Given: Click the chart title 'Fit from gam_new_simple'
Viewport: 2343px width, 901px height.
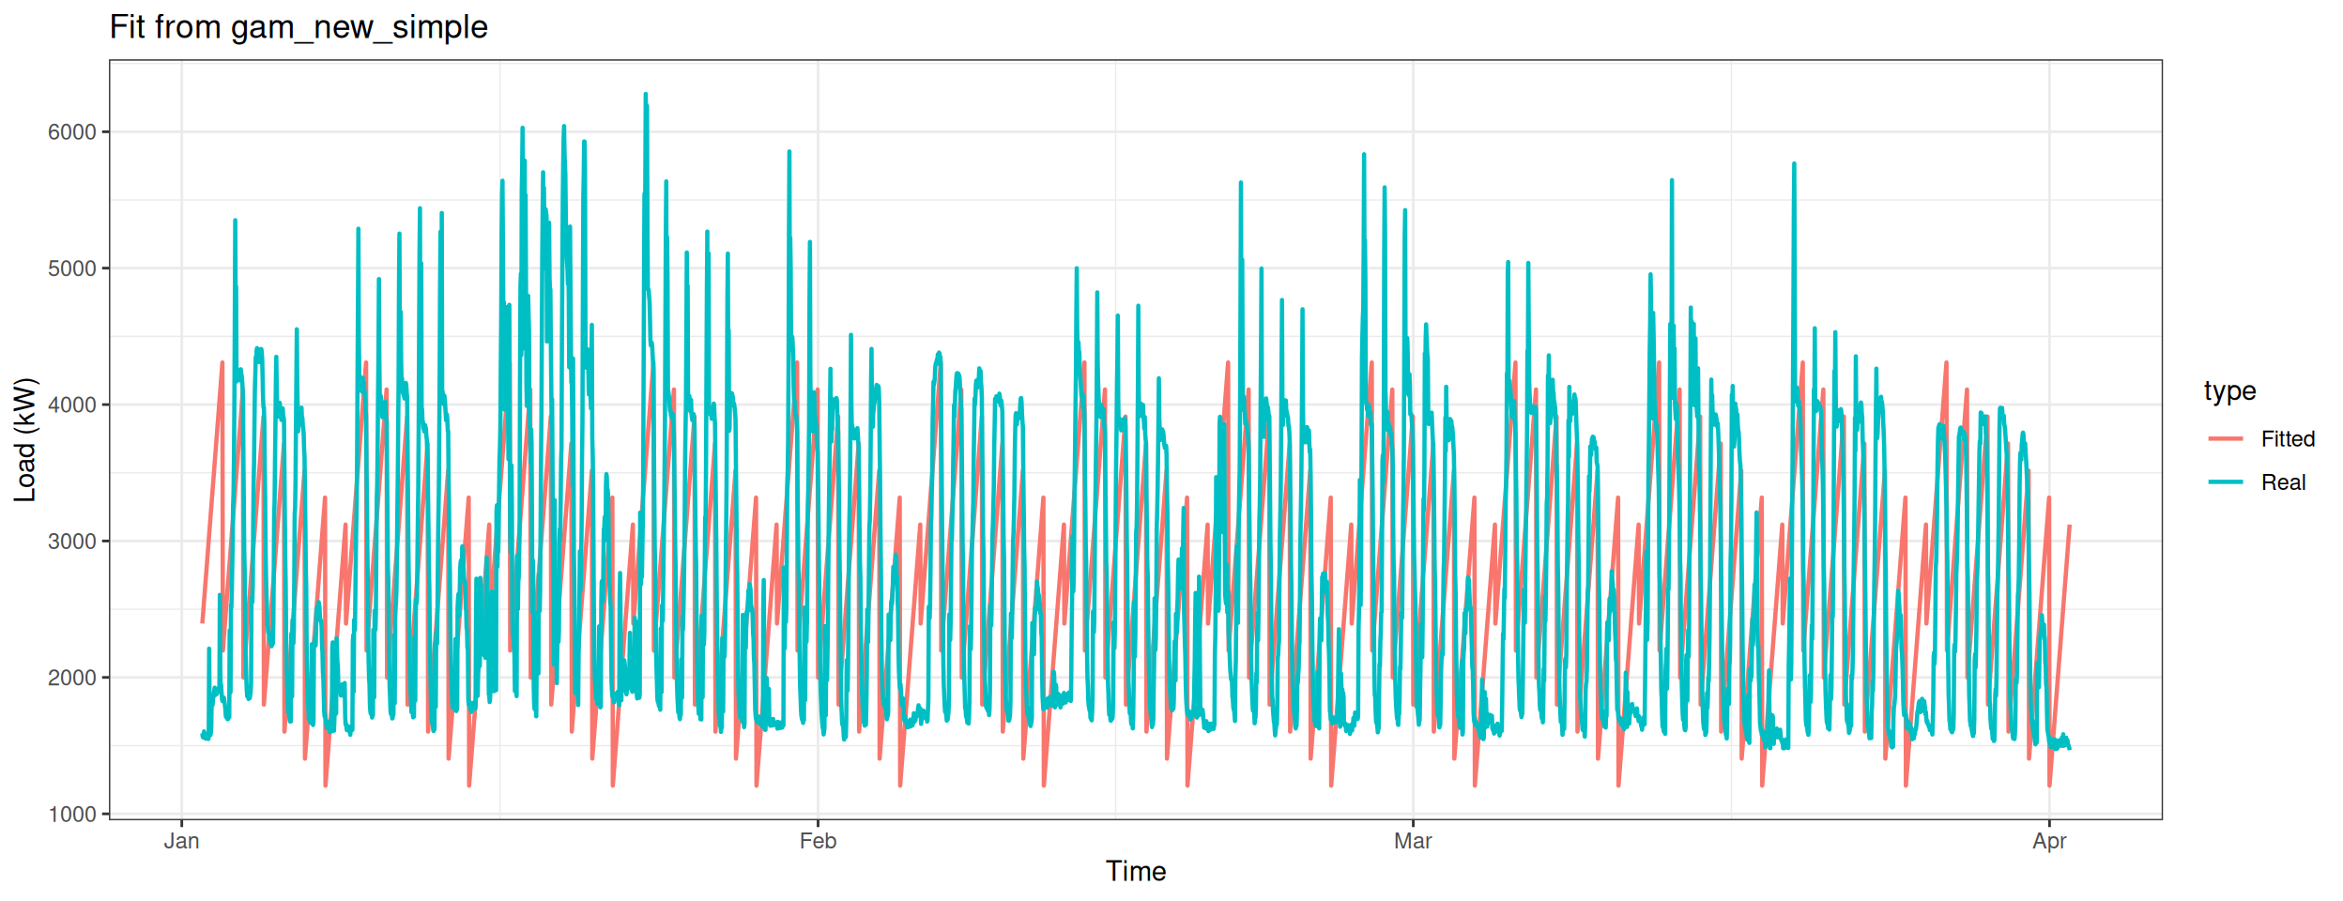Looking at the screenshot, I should [x=299, y=28].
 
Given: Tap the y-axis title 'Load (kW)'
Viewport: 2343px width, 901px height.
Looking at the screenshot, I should [x=25, y=439].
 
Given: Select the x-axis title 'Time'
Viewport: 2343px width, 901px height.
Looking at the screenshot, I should [x=1135, y=872].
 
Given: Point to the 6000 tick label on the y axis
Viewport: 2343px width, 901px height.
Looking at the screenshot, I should [x=72, y=132].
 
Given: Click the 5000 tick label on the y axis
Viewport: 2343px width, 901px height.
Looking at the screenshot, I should [x=72, y=268].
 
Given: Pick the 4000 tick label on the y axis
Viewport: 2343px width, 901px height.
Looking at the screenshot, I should [x=72, y=405].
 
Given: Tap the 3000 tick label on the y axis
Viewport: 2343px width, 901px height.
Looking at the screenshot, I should [x=72, y=542].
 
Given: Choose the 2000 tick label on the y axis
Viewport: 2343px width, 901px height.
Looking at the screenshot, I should [x=72, y=678].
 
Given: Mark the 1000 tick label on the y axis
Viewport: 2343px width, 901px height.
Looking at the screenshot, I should [x=72, y=815].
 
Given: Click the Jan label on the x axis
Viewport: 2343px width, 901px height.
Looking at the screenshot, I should [x=181, y=841].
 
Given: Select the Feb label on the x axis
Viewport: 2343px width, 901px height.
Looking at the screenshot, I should [x=818, y=841].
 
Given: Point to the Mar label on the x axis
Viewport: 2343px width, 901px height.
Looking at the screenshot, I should [x=1413, y=841].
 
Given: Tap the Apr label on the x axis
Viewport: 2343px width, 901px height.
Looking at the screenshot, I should [x=2049, y=841].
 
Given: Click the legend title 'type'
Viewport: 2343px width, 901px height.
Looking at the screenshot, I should [x=2229, y=390].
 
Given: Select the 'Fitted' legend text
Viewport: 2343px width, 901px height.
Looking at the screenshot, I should [x=2288, y=439].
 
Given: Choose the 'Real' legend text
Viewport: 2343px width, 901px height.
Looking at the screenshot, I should [x=2283, y=482].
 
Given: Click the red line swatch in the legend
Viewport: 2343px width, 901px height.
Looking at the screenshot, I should [x=2226, y=439].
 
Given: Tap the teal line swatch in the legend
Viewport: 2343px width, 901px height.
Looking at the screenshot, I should [x=2226, y=482].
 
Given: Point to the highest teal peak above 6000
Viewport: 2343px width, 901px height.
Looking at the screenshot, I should [x=646, y=96].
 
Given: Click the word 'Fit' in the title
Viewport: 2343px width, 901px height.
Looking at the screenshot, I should [x=128, y=28].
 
